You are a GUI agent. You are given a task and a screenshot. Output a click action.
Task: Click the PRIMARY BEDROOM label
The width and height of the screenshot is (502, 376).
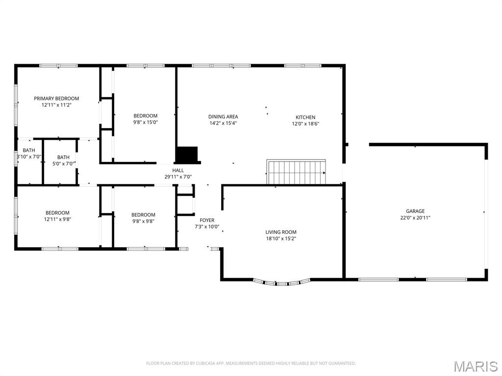pyautogui.click(x=56, y=98)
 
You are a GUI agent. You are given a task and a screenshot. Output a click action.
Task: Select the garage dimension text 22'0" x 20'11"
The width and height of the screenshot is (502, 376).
pyautogui.click(x=415, y=218)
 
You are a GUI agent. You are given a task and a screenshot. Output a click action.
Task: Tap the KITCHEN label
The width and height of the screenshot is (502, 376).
pyautogui.click(x=305, y=117)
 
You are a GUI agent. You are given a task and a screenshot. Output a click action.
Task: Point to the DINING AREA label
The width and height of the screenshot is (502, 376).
pyautogui.click(x=223, y=117)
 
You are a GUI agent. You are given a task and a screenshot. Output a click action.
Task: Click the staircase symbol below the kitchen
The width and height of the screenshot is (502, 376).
pyautogui.click(x=296, y=172)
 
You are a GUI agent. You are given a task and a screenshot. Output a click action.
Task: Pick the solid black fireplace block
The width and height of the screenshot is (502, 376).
pyautogui.click(x=187, y=155)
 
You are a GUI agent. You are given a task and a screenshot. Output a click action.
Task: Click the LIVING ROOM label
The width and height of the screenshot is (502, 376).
pyautogui.click(x=281, y=232)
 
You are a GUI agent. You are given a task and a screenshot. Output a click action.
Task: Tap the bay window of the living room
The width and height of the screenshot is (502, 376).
pyautogui.click(x=282, y=282)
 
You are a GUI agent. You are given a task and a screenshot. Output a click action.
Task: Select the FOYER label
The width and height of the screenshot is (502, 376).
pyautogui.click(x=207, y=220)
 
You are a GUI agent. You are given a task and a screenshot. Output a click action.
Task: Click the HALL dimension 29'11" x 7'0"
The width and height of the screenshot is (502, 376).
pyautogui.click(x=178, y=177)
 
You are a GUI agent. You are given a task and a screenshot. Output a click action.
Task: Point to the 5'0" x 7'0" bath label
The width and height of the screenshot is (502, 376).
pyautogui.click(x=63, y=164)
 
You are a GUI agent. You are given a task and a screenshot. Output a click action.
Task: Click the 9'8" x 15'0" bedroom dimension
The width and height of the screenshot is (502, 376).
pyautogui.click(x=146, y=122)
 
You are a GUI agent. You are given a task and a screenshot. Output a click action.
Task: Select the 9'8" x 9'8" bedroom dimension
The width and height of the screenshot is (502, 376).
pyautogui.click(x=143, y=221)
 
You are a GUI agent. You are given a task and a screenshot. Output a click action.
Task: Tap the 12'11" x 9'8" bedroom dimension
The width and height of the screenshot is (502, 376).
pyautogui.click(x=57, y=219)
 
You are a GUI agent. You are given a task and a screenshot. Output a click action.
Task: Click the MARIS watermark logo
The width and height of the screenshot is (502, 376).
pyautogui.click(x=475, y=366)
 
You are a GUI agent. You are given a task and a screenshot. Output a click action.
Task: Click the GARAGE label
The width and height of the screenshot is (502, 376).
pyautogui.click(x=415, y=211)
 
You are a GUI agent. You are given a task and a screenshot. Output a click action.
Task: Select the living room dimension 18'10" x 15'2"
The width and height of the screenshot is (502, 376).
pyautogui.click(x=281, y=238)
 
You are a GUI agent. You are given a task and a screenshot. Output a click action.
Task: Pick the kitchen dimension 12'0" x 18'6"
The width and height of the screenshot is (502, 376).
pyautogui.click(x=305, y=123)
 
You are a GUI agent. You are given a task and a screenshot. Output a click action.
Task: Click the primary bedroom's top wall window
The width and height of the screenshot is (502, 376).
pyautogui.click(x=58, y=65)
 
